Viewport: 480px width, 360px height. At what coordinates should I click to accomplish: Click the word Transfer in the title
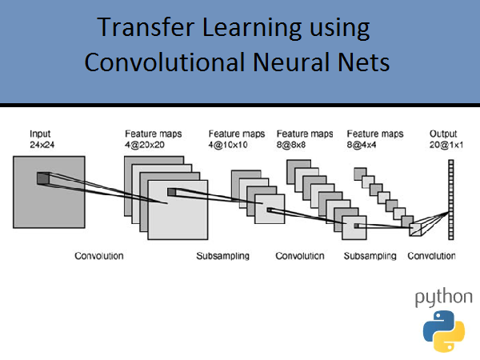click(146, 27)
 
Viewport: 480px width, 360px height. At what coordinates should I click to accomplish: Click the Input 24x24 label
click(42, 139)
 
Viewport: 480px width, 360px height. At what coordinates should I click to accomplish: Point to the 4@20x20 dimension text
click(145, 145)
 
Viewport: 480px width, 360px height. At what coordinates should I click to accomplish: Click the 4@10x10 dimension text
click(228, 145)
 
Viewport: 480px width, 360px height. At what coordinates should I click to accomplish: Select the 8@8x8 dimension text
click(291, 145)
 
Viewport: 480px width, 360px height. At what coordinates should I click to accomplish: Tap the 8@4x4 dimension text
click(362, 145)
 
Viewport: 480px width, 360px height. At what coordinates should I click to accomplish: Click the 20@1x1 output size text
click(446, 145)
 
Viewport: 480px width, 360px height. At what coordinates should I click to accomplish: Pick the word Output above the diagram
click(443, 134)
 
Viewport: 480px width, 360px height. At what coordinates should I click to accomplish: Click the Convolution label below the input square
click(99, 256)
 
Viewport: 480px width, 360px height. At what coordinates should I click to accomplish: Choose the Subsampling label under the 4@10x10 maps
click(223, 256)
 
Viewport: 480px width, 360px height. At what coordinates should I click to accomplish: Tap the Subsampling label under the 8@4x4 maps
click(370, 256)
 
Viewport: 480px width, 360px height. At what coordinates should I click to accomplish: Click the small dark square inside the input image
click(43, 178)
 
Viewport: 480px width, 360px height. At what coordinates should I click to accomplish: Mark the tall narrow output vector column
click(451, 199)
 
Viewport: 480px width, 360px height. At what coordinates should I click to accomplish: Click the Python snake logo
click(444, 331)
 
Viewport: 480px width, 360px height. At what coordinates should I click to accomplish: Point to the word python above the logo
click(443, 298)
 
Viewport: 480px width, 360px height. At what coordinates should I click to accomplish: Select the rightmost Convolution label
click(431, 256)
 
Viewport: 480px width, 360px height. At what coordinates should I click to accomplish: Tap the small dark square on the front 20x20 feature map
click(171, 192)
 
